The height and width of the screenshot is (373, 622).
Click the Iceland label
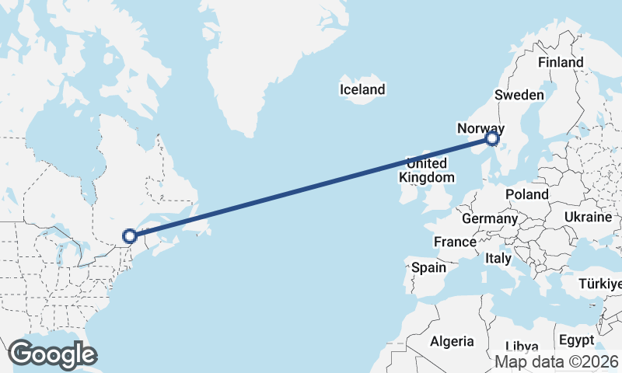tap(362, 90)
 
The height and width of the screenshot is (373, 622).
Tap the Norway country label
tap(481, 128)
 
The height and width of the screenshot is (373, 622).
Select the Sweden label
tap(519, 95)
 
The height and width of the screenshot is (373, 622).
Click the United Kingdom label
tap(427, 170)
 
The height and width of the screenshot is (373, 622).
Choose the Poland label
tap(526, 194)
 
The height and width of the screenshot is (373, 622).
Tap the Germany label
tap(489, 219)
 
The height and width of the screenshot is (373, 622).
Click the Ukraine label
tap(589, 217)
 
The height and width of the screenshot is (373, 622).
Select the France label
tap(455, 242)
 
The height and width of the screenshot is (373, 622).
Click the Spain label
tap(428, 268)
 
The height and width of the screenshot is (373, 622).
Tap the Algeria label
tap(452, 341)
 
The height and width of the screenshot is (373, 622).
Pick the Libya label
tap(521, 347)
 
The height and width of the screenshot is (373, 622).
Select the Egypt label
tap(575, 341)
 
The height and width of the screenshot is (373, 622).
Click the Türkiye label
tap(600, 284)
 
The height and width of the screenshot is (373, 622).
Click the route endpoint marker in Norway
tap(491, 139)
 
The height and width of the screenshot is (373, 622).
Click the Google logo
tap(53, 354)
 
